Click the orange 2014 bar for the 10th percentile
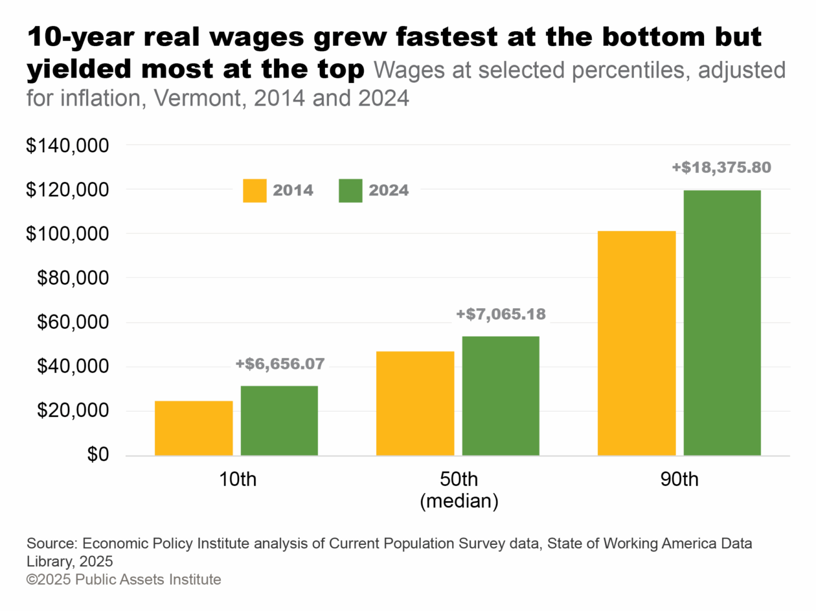pos(194,428)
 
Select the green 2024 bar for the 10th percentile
pos(279,421)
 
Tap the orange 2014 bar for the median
pos(415,403)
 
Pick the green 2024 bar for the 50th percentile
pos(501,395)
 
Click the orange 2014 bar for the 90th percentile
pos(637,343)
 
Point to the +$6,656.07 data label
pos(279,364)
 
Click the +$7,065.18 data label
pos(501,315)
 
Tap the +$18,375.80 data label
pos(721,168)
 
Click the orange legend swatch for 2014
pos(255,191)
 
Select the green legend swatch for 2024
pos(350,191)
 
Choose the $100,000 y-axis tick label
pos(65,234)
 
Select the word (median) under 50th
pos(459,502)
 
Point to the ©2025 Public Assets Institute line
pos(124,579)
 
